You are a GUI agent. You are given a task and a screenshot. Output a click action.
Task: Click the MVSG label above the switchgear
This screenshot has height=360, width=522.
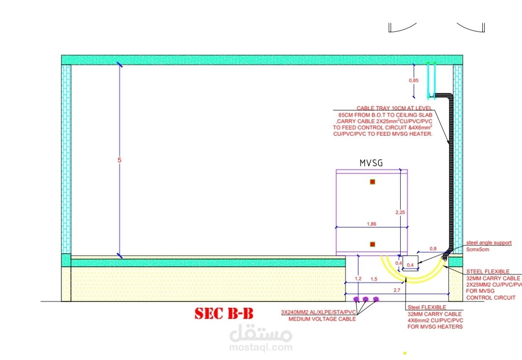pyautogui.click(x=371, y=163)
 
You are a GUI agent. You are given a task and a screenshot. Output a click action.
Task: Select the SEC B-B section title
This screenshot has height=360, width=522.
pyautogui.click(x=224, y=314)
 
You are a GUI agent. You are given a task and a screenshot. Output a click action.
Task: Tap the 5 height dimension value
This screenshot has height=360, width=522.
pyautogui.click(x=119, y=160)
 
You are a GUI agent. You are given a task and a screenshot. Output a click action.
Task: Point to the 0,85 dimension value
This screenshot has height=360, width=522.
pyautogui.click(x=414, y=81)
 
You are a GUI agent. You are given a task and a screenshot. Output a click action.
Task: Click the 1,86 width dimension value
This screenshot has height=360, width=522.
pyautogui.click(x=371, y=224)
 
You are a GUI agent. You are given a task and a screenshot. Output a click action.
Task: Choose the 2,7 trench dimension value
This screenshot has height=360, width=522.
pyautogui.click(x=397, y=289)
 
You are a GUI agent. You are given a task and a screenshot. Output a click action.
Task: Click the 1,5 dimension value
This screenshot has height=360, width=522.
pyautogui.click(x=374, y=279)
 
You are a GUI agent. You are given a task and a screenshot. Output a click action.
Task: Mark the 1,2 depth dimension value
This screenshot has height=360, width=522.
pyautogui.click(x=358, y=279)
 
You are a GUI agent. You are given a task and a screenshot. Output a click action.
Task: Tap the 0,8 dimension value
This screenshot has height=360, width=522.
pyautogui.click(x=433, y=248)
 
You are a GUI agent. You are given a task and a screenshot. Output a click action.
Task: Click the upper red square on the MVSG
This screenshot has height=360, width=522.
pyautogui.click(x=372, y=182)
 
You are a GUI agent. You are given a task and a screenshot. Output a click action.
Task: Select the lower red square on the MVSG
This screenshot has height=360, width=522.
pyautogui.click(x=372, y=244)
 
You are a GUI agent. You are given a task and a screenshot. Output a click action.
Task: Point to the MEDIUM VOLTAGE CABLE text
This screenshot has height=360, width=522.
pyautogui.click(x=322, y=319)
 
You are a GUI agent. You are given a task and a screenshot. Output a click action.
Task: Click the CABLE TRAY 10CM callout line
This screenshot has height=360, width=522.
pyautogui.click(x=394, y=108)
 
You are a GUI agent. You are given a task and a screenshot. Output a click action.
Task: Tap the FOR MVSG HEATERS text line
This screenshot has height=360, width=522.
pyautogui.click(x=435, y=327)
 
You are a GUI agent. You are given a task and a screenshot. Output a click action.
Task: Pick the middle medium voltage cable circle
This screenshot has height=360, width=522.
pyautogui.click(x=366, y=299)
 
